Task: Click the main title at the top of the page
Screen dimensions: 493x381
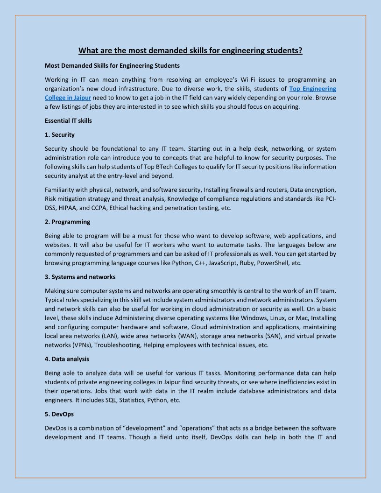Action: [x=190, y=50]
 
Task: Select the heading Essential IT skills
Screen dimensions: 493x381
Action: [x=68, y=120]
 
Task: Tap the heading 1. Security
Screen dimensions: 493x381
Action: [x=60, y=134]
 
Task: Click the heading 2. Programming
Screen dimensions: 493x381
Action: [x=68, y=222]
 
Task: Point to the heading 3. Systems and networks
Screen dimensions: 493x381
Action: [x=80, y=277]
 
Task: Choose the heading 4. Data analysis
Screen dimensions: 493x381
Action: [x=67, y=359]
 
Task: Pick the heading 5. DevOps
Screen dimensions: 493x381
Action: [x=59, y=414]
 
